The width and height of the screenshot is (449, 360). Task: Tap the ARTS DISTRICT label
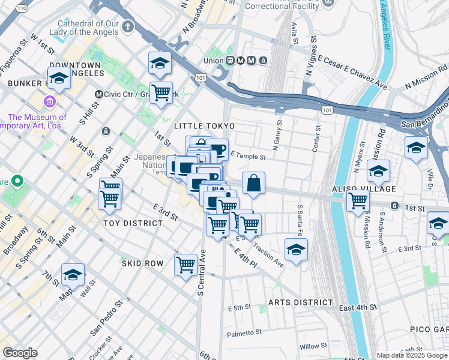click(x=301, y=302)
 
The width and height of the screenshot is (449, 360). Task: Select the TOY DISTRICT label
click(x=133, y=223)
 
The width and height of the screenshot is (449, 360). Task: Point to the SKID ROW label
click(x=142, y=263)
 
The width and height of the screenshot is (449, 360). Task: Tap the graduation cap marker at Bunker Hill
click(x=59, y=78)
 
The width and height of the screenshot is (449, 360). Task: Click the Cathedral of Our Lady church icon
click(x=128, y=27)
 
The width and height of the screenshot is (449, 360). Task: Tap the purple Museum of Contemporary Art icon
click(x=50, y=102)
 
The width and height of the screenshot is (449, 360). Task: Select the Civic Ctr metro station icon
click(x=100, y=94)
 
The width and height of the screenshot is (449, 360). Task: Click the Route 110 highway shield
click(x=22, y=8)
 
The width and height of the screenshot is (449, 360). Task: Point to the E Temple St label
click(x=247, y=157)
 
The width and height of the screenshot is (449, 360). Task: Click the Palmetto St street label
click(x=244, y=332)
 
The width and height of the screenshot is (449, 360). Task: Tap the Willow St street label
click(x=313, y=346)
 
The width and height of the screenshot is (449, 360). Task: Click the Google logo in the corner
click(x=20, y=353)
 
